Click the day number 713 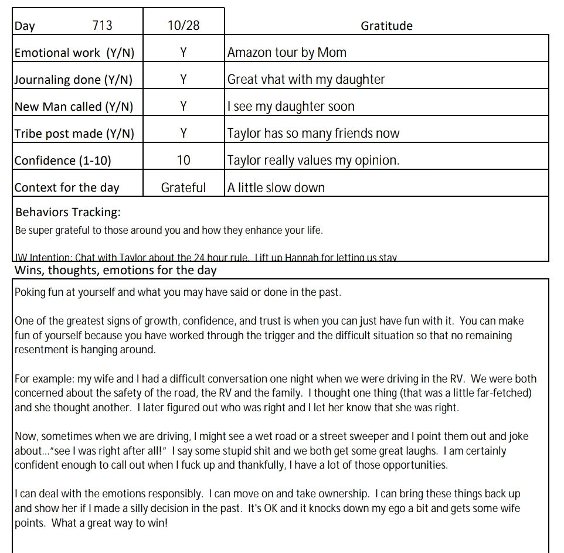pyautogui.click(x=102, y=26)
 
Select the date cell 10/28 pyautogui.click(x=183, y=26)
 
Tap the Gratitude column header pyautogui.click(x=386, y=26)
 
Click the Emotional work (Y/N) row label pyautogui.click(x=74, y=53)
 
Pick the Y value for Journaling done pyautogui.click(x=183, y=80)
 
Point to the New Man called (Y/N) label pyautogui.click(x=74, y=107)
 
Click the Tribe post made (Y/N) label pyautogui.click(x=74, y=134)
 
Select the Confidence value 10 pyautogui.click(x=183, y=161)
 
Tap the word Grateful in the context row pyautogui.click(x=183, y=187)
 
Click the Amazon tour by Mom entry pyautogui.click(x=287, y=53)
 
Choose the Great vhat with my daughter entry pyautogui.click(x=306, y=80)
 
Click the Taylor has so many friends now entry pyautogui.click(x=313, y=134)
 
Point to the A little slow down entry pyautogui.click(x=276, y=187)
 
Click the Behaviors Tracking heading pyautogui.click(x=68, y=212)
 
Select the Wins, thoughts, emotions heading pyautogui.click(x=115, y=270)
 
